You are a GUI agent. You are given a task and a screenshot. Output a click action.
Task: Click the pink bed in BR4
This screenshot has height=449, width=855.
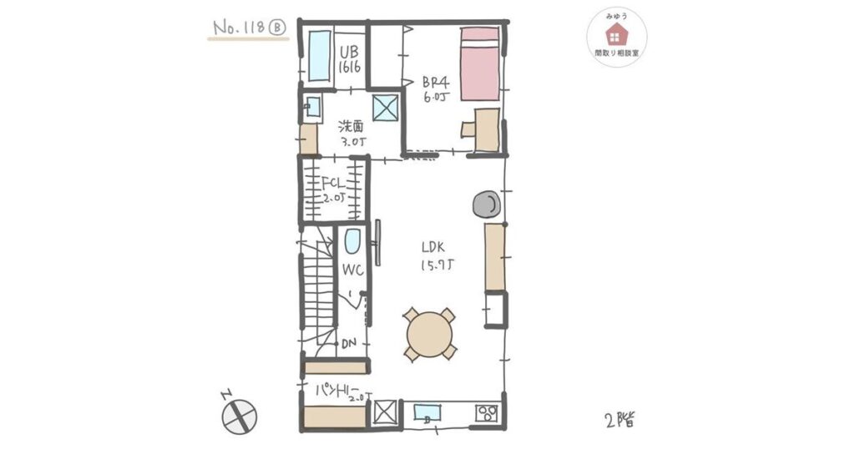480,63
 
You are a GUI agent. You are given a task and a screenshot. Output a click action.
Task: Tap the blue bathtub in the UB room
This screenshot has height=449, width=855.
319,56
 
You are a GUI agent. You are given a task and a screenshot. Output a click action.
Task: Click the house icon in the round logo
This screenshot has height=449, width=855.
616,34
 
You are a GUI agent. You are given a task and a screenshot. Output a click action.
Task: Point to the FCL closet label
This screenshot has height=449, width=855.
333,188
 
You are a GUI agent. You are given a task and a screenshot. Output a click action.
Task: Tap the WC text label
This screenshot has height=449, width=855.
351,270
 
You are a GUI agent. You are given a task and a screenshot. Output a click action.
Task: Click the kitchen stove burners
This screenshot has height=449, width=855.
487,412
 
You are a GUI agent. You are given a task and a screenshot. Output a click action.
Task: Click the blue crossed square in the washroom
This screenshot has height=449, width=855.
385,107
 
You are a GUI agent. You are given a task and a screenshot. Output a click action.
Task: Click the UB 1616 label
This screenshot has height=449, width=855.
350,60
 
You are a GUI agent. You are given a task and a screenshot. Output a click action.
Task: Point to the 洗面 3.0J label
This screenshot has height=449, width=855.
352,134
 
